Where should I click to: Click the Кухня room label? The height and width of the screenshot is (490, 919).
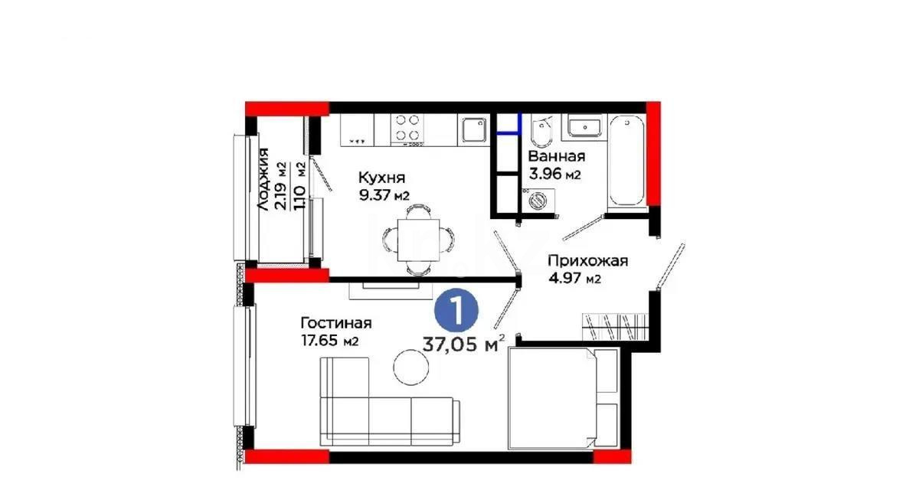(x=381, y=177)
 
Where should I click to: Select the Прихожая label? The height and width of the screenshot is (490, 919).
(x=587, y=261)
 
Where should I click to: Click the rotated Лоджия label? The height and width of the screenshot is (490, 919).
(x=263, y=180)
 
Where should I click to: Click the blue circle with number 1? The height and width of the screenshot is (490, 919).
(x=456, y=311)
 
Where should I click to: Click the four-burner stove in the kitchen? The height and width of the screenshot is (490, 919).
(x=407, y=129)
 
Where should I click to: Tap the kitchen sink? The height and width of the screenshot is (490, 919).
(x=473, y=129)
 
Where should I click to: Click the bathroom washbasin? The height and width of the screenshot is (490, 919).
(x=584, y=126)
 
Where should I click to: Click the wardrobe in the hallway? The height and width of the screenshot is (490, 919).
(x=616, y=326)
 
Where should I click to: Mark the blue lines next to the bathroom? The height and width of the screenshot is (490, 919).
(x=509, y=132)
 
